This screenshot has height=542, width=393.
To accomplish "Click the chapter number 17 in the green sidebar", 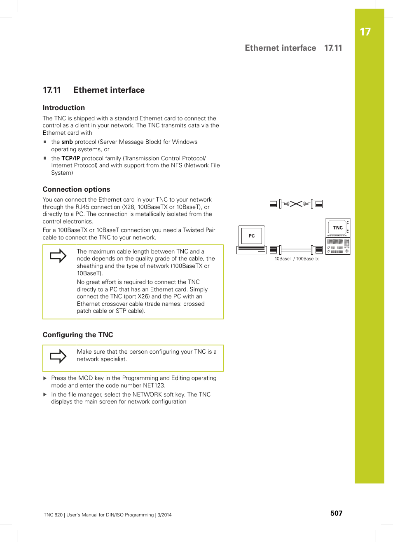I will point(365,32).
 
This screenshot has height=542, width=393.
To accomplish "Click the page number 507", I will point(336,513).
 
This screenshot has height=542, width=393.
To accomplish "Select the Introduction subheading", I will point(64,108).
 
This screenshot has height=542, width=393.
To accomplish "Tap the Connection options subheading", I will point(76,189).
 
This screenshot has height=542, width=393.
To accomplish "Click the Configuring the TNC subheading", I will point(78,335).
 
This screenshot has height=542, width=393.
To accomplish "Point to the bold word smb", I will point(67,142).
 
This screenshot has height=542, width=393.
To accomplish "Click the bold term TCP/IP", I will point(70,158).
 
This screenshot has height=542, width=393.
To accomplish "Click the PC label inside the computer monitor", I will point(252,236).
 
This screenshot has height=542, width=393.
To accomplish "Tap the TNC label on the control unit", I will point(338,228).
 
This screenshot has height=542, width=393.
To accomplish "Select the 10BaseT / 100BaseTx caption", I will point(297,259).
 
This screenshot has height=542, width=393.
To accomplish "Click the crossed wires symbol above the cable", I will point(296,204).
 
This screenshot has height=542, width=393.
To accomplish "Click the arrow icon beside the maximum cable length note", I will point(58,256).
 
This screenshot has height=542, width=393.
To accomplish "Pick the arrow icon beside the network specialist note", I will point(58,356).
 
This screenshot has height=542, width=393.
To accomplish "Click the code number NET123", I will point(154,385).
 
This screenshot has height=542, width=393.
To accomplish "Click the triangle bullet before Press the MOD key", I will point(45,378).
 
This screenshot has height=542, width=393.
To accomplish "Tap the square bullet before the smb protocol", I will point(45,142).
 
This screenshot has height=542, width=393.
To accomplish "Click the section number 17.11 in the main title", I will point(52,90).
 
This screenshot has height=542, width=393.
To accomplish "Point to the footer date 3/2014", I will point(164,515).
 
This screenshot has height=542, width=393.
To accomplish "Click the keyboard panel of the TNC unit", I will point(338,246).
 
